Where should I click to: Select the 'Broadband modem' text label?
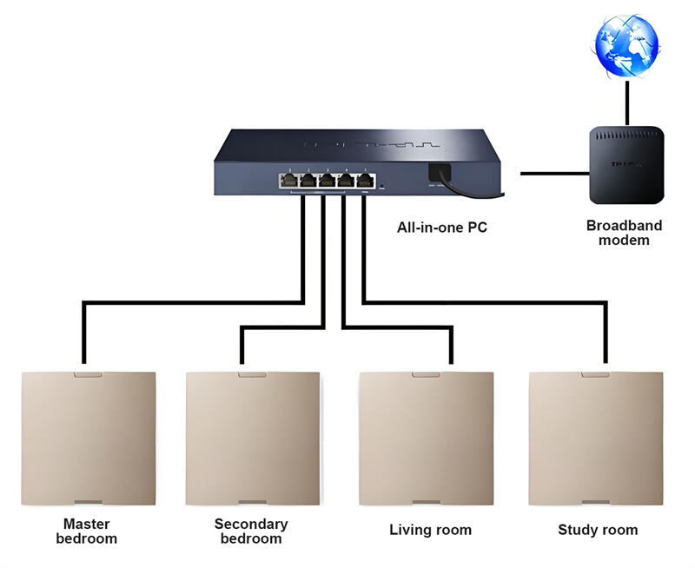[x=624, y=232]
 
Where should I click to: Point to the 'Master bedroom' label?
[x=87, y=531]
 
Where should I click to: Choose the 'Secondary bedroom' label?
[x=251, y=531]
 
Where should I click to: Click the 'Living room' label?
[x=430, y=530]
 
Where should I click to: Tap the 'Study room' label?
[x=598, y=530]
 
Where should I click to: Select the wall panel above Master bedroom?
[x=89, y=439]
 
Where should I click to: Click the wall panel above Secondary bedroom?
[x=253, y=439]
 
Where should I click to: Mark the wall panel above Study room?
[x=596, y=439]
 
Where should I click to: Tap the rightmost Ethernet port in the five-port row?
[x=366, y=181]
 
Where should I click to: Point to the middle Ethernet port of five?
[x=328, y=181]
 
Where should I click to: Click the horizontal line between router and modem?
[x=551, y=174]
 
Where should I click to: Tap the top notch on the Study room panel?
[x=596, y=376]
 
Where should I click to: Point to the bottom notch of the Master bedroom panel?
[x=89, y=502]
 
